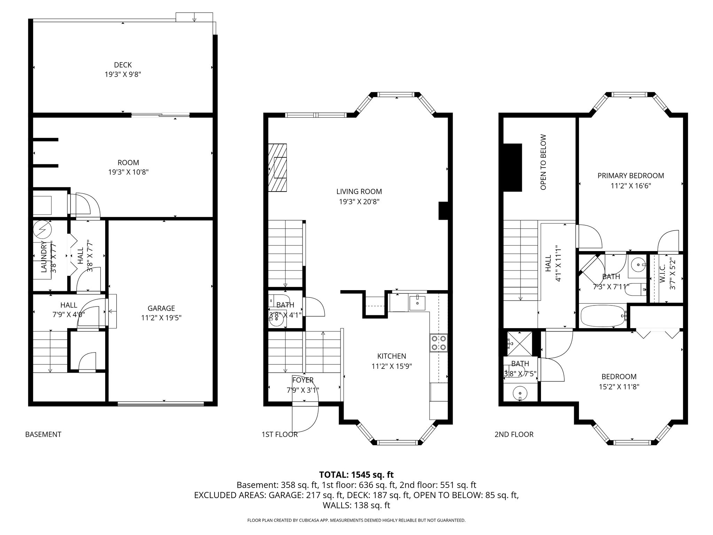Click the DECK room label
123,65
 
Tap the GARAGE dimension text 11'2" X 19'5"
161,318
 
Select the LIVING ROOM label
359,192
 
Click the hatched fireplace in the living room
277,168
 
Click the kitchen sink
417,302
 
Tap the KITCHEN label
392,356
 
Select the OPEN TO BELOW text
543,162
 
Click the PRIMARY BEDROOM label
630,176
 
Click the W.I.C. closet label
663,273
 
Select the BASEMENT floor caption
43,434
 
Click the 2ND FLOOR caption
514,434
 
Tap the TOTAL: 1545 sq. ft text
356,474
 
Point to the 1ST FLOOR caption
280,434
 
